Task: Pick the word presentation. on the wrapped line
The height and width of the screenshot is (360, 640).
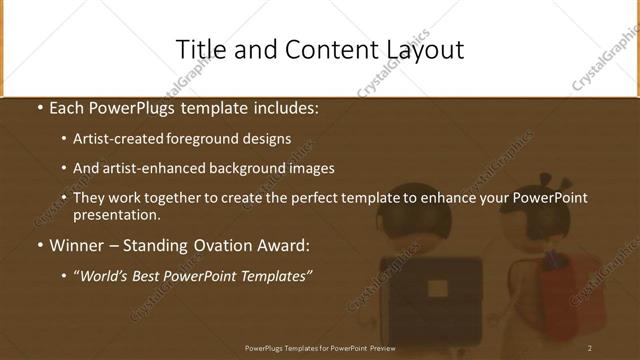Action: [x=117, y=214]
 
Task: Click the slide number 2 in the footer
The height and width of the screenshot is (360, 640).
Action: [x=590, y=348]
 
